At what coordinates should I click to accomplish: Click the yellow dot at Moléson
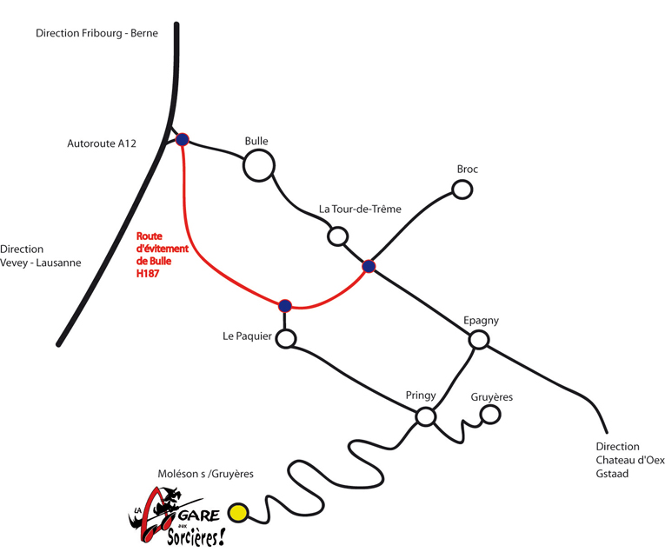pyautogui.click(x=238, y=513)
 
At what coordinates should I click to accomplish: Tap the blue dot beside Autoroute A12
pyautogui.click(x=183, y=139)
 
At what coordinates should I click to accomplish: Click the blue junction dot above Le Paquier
pyautogui.click(x=285, y=306)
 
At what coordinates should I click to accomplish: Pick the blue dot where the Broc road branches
pyautogui.click(x=369, y=266)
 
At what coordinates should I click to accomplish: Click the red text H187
pyautogui.click(x=148, y=274)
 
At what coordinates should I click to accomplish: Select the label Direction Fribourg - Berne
pyautogui.click(x=96, y=33)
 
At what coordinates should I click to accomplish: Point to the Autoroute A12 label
pyautogui.click(x=102, y=143)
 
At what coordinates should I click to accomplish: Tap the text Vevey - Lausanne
pyautogui.click(x=41, y=263)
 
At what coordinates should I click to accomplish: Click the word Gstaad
pyautogui.click(x=612, y=474)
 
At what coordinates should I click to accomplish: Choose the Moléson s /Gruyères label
pyautogui.click(x=206, y=474)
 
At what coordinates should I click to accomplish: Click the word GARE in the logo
pyautogui.click(x=199, y=515)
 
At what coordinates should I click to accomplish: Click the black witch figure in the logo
pyautogui.click(x=168, y=500)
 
